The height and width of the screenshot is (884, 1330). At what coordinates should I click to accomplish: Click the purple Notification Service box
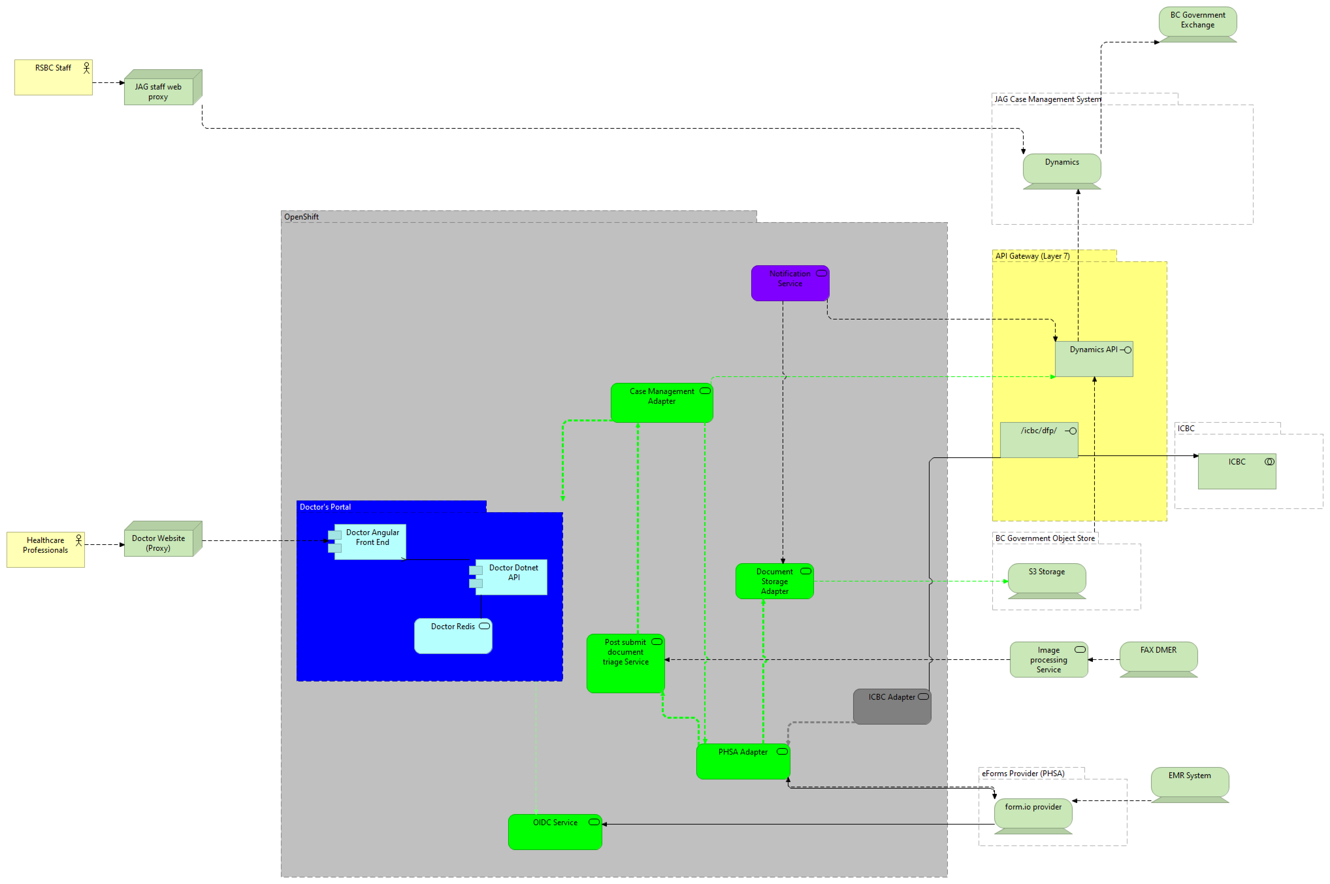coord(789,283)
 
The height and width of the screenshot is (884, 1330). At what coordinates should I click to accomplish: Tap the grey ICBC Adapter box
coord(892,706)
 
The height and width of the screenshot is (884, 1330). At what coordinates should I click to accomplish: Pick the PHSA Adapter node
coord(743,761)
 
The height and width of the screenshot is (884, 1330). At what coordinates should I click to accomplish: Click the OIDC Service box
coord(555,832)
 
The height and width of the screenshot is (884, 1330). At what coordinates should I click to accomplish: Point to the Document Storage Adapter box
coord(774,581)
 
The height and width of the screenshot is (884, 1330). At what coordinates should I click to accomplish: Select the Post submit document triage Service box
coord(625,663)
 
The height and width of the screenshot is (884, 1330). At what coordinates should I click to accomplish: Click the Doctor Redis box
coord(453,636)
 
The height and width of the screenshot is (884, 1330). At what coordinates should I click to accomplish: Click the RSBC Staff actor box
coord(53,77)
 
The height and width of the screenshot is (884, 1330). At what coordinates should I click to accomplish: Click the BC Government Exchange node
coord(1197,23)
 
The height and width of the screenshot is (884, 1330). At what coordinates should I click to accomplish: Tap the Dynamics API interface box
coord(1093,359)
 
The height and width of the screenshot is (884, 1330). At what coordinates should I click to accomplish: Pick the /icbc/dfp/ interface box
coord(1039,440)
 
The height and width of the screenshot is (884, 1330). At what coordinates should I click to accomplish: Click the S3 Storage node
coord(1046,578)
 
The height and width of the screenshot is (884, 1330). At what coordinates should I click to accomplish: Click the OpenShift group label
coord(301,217)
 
